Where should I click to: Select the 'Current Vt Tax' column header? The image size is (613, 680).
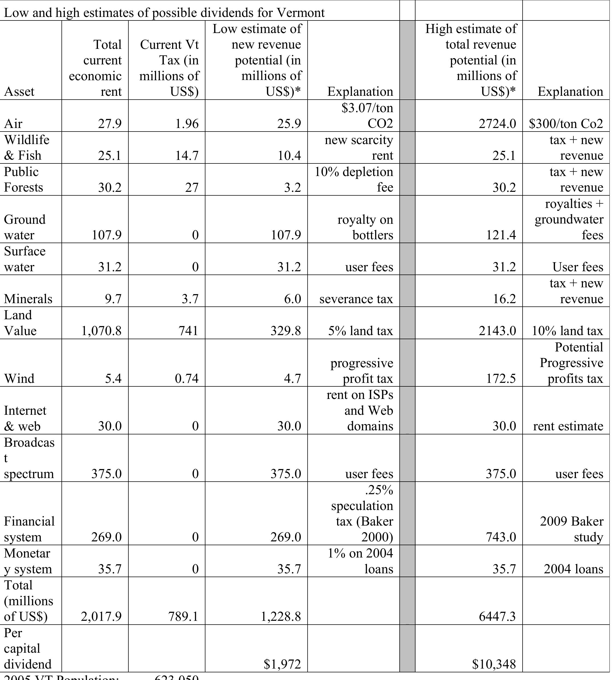pyautogui.click(x=169, y=68)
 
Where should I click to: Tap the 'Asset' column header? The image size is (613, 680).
pyautogui.click(x=19, y=91)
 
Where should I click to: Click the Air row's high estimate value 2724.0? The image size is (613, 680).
pyautogui.click(x=497, y=124)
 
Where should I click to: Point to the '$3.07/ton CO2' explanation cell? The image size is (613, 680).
pyautogui.click(x=367, y=116)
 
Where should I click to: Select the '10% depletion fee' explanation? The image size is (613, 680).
pyautogui.click(x=354, y=179)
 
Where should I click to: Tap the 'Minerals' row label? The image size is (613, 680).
pyautogui.click(x=28, y=299)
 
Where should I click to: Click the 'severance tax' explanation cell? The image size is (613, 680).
pyautogui.click(x=356, y=299)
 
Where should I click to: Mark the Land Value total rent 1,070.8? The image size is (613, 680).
pyautogui.click(x=101, y=331)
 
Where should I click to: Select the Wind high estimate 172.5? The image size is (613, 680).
pyautogui.click(x=500, y=378)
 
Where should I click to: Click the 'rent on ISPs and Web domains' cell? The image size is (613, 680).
pyautogui.click(x=360, y=410)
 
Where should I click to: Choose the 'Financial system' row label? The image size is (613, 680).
pyautogui.click(x=29, y=529)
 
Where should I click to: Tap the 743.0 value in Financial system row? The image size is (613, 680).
pyautogui.click(x=500, y=537)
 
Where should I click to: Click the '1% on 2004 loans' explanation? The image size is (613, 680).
pyautogui.click(x=360, y=561)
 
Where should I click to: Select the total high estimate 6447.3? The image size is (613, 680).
pyautogui.click(x=497, y=616)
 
